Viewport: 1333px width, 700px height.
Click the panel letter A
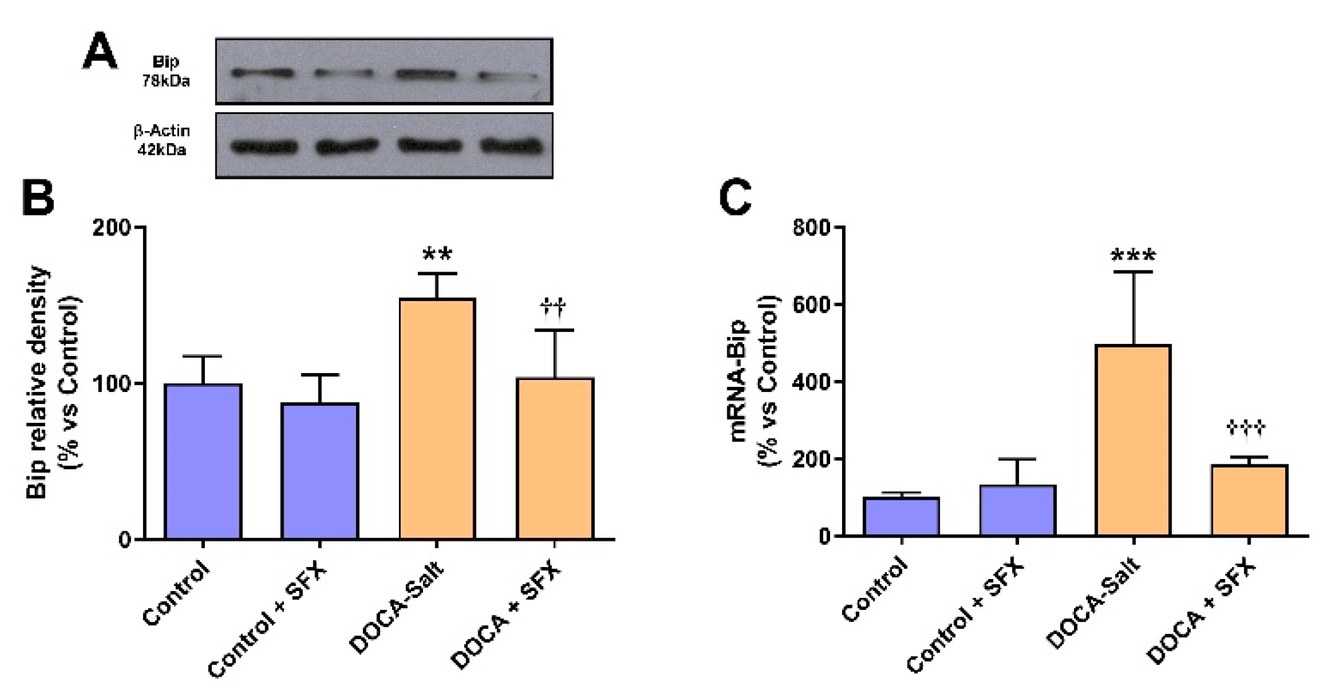pyautogui.click(x=100, y=52)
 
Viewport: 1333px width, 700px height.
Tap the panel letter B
pyautogui.click(x=38, y=198)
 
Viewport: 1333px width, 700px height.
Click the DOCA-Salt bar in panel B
pyautogui.click(x=437, y=418)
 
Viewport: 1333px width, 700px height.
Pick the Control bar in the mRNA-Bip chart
pyautogui.click(x=901, y=517)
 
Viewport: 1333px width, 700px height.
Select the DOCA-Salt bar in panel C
pyautogui.click(x=1133, y=440)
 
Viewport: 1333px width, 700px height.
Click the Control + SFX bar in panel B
pyautogui.click(x=320, y=471)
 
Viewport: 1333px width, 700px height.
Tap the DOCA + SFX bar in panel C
pyautogui.click(x=1249, y=500)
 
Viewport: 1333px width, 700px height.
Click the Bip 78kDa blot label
pyautogui.click(x=166, y=71)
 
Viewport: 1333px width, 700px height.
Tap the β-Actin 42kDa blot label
pyautogui.click(x=162, y=140)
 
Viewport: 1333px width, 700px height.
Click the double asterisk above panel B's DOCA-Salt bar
pyautogui.click(x=437, y=255)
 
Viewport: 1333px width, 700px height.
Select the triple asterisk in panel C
pyautogui.click(x=1133, y=256)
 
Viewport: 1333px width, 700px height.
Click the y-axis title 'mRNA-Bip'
pyautogui.click(x=739, y=381)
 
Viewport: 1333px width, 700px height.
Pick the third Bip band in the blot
pyautogui.click(x=426, y=74)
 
